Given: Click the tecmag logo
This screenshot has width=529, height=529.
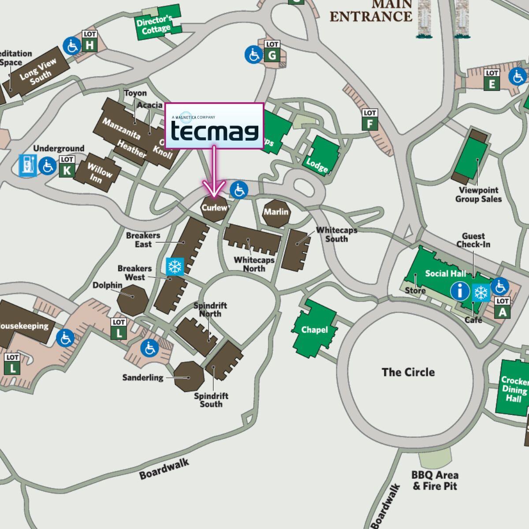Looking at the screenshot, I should point(214,126).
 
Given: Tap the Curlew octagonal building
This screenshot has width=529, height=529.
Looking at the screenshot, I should point(215,208).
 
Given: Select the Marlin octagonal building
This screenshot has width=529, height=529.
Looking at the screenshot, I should point(276,212).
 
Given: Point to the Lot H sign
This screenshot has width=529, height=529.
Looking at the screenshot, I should point(90,41).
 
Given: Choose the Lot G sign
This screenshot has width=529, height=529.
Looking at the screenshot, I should point(272,52).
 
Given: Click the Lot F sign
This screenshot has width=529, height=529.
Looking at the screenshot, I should point(369,120).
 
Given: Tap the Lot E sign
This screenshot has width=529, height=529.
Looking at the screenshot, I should point(492,80).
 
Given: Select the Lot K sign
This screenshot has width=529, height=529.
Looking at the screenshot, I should point(67,167).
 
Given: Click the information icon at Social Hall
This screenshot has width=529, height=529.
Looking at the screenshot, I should point(460,291).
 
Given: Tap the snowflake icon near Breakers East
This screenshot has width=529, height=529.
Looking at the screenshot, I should point(175,267).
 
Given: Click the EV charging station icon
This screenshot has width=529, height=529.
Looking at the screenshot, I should point(27,165).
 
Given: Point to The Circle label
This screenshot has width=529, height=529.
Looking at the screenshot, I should point(408,372).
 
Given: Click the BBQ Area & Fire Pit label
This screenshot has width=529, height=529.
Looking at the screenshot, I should point(435,481).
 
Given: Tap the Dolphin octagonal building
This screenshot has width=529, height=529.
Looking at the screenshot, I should point(133,299).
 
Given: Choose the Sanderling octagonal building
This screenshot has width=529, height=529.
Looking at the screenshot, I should point(189,376).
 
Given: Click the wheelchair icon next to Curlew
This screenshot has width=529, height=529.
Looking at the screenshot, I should point(239,190).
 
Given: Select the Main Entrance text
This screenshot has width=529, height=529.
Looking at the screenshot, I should point(371,11).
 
